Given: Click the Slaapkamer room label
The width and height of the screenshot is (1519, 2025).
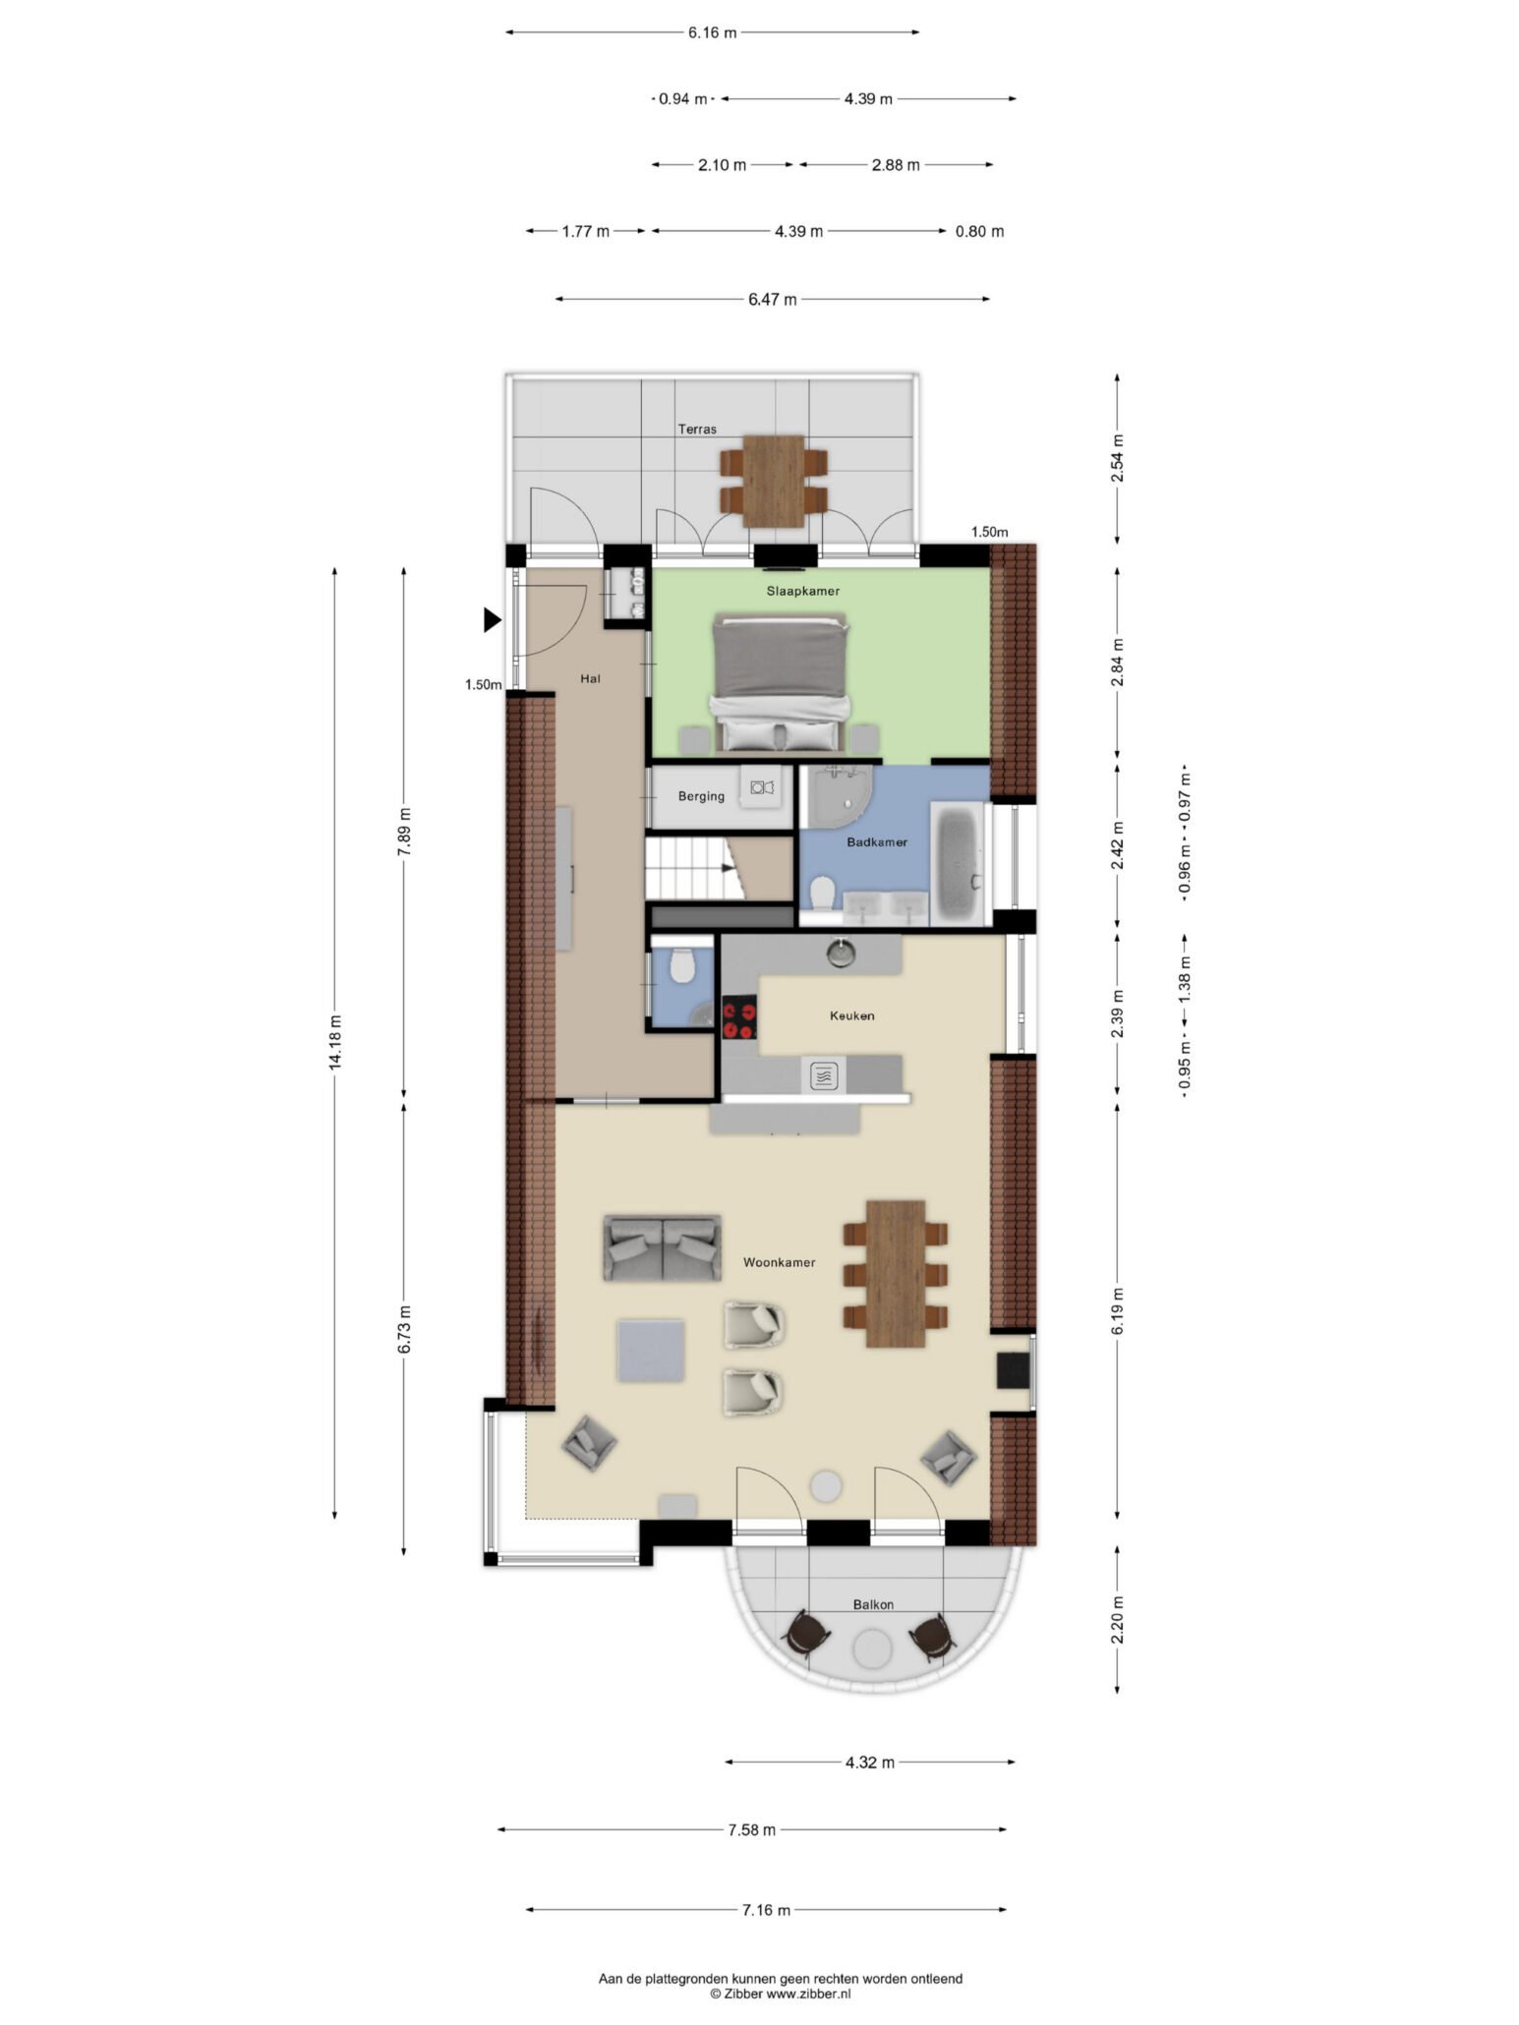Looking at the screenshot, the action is tap(802, 591).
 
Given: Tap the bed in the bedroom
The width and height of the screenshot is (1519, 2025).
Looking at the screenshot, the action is tap(780, 680).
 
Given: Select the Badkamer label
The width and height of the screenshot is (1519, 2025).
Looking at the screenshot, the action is tap(876, 841).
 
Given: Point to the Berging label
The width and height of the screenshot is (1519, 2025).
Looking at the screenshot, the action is tap(700, 796).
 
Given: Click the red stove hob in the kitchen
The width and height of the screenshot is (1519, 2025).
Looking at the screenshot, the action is tap(740, 1017).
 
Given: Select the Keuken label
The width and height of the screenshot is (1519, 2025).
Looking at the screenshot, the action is tap(851, 1015).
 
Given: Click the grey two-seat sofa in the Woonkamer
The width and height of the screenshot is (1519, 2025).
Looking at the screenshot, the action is tap(662, 1247).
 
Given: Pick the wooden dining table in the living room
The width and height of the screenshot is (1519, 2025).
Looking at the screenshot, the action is tap(895, 1273).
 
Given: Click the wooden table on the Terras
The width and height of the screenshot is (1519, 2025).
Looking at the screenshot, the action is tap(774, 481).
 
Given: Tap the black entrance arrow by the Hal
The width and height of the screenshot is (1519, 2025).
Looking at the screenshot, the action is tap(492, 619).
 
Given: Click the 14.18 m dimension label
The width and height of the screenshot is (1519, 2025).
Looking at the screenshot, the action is tap(335, 1041).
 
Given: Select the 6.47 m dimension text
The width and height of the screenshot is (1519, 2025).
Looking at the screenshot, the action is tap(772, 299).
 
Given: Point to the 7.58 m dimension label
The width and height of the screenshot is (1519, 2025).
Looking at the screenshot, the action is tap(751, 1829).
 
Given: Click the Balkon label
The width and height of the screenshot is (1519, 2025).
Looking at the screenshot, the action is tap(873, 1604).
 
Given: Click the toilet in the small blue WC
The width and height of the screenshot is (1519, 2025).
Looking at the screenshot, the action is tap(680, 966).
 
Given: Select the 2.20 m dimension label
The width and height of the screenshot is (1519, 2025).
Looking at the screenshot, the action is tap(1117, 1620).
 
